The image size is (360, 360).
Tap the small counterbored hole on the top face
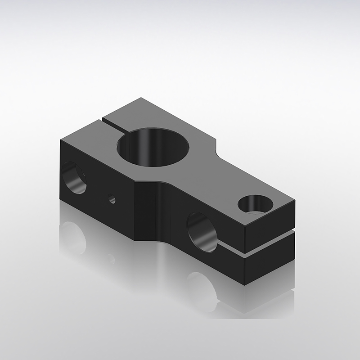255,204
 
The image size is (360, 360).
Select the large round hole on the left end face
75,177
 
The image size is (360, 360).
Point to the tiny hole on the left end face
112,198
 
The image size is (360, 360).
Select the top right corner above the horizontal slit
295,202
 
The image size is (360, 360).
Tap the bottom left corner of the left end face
60,200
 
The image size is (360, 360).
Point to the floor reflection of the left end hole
73,237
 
